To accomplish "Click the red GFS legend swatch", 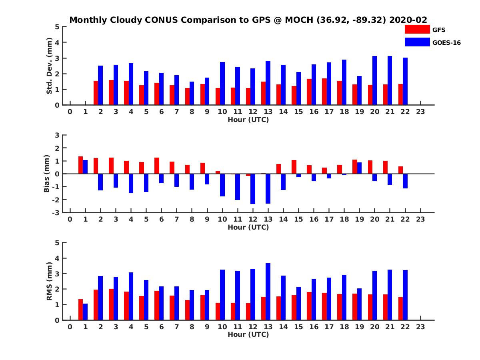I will (417, 29).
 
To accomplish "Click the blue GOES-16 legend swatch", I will (417, 42).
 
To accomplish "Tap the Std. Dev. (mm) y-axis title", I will (50, 66).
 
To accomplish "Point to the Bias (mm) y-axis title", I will (47, 174).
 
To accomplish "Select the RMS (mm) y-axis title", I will (50, 281).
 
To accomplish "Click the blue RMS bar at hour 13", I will (268, 292).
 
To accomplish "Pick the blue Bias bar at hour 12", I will (253, 189).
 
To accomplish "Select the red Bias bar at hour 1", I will (80, 165).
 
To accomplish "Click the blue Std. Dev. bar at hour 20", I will (374, 80).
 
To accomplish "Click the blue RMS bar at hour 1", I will (85, 312).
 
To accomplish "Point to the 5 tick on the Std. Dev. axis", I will (58, 27).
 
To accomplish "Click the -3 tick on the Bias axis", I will (56, 212).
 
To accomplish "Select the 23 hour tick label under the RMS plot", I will (420, 327).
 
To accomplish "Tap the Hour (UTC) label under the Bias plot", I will (248, 227).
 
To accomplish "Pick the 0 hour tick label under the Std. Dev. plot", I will (70, 112).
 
